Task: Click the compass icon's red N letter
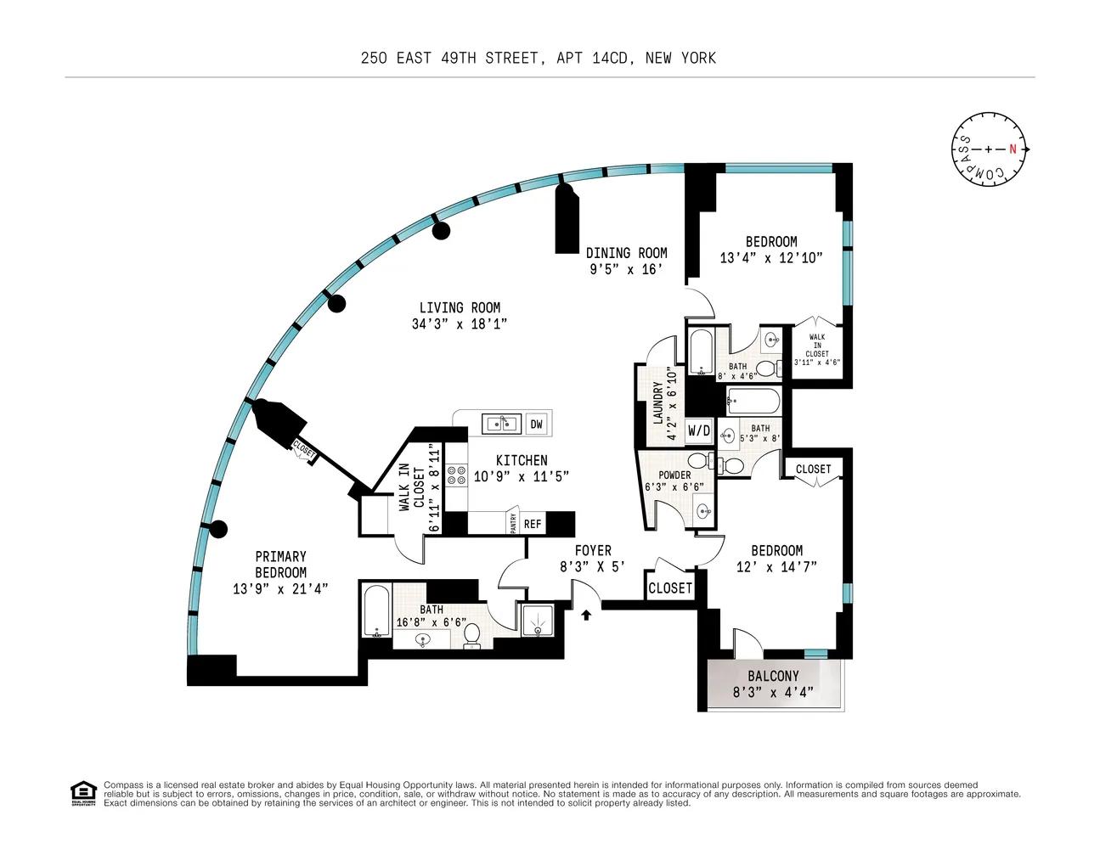1013,149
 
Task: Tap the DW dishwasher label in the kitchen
536,424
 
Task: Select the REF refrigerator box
533,524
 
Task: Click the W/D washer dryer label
699,431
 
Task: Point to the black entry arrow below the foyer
586,615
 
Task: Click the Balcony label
773,676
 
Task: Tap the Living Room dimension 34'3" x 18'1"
459,323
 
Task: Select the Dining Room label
626,253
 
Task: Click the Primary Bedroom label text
280,565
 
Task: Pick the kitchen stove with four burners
457,475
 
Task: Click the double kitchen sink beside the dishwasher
501,423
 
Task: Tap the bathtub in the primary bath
376,610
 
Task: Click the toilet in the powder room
700,461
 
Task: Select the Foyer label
592,551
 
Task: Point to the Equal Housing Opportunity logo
83,793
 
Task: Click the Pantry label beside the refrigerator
513,523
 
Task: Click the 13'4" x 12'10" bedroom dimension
770,258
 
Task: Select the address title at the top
538,58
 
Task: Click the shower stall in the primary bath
537,620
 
